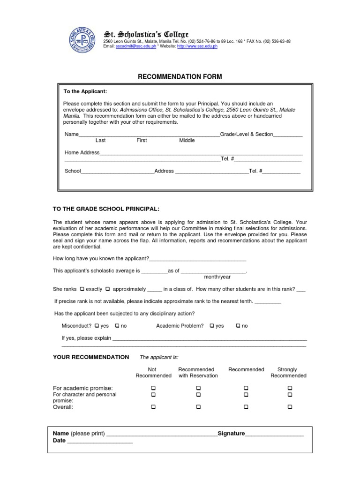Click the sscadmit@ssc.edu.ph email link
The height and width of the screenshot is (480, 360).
pos(136,47)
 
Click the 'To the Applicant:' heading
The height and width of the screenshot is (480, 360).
pos(82,92)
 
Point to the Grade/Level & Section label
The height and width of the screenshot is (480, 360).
pos(247,135)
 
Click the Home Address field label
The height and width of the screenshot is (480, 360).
pos(82,153)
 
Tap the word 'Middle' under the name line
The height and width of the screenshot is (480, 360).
pos(187,141)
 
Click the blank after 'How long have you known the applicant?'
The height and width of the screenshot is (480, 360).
pos(197,259)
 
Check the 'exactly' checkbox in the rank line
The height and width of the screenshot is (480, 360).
pos(82,289)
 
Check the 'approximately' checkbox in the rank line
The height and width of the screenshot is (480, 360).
pos(108,289)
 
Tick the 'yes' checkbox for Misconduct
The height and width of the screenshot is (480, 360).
pos(97,326)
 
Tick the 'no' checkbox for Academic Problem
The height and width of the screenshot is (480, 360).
pos(238,326)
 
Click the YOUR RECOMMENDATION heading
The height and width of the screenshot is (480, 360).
pos(91,357)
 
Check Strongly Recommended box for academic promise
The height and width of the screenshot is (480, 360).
pos(290,388)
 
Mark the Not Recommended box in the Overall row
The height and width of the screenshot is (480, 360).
pos(153,407)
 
